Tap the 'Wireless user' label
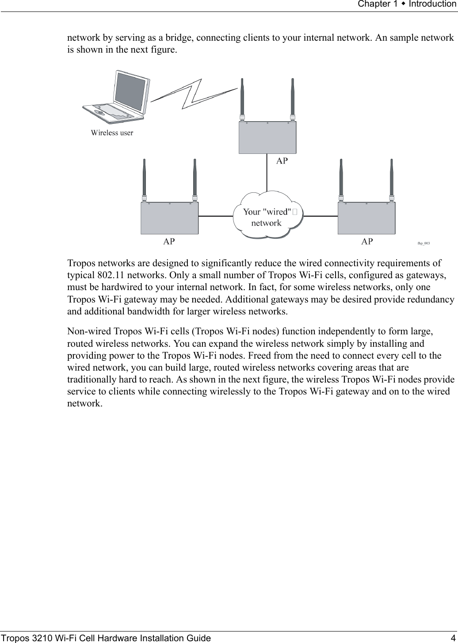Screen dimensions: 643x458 (112, 132)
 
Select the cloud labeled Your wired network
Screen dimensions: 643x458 (267, 216)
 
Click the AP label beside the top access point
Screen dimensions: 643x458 (282, 161)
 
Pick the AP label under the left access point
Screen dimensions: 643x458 (169, 241)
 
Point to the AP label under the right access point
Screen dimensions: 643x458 (367, 241)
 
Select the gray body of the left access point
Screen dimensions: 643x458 (169, 218)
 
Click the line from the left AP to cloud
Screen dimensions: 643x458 (216, 216)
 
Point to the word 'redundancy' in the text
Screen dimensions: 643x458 (432, 299)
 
